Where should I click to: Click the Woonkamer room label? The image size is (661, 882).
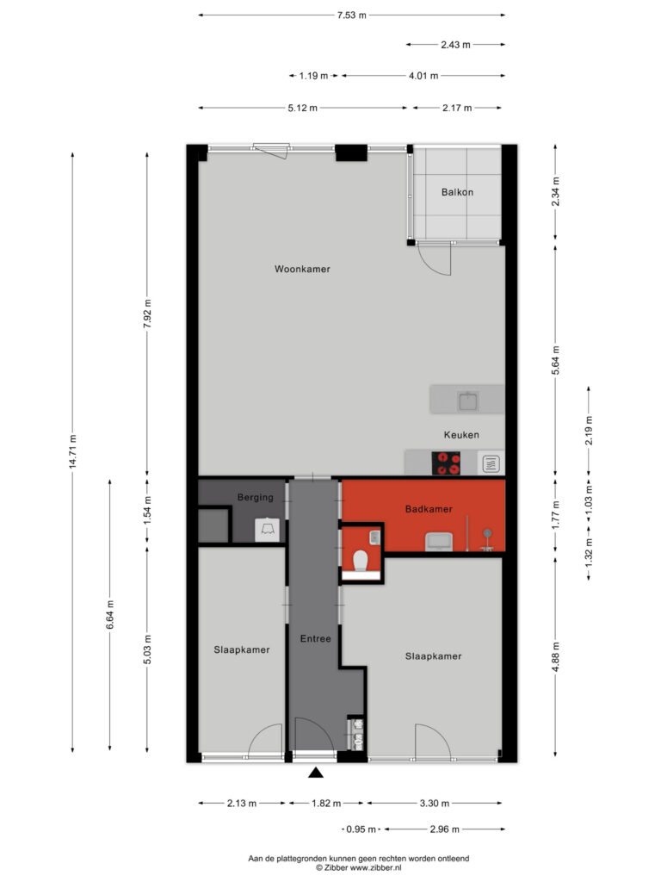click(x=302, y=269)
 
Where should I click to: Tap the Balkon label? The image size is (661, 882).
click(x=457, y=192)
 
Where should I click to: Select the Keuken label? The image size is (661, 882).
click(x=461, y=435)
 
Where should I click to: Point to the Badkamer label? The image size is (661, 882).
click(x=429, y=509)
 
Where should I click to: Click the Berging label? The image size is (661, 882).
click(x=255, y=497)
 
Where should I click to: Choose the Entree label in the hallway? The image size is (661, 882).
click(x=315, y=638)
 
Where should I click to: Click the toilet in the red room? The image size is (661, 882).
click(x=361, y=560)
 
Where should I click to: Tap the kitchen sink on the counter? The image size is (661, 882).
click(x=468, y=401)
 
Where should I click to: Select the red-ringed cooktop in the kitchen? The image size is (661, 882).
click(x=446, y=463)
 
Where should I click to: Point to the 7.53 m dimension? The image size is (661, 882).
click(x=352, y=16)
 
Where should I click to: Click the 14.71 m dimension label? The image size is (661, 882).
click(x=72, y=451)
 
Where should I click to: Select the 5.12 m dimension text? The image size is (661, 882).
click(x=302, y=108)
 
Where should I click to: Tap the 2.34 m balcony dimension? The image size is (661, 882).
click(x=555, y=191)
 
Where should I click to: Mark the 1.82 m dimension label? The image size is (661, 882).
click(x=326, y=804)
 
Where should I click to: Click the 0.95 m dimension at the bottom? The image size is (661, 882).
click(x=361, y=829)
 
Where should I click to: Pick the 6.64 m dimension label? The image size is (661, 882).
click(x=110, y=615)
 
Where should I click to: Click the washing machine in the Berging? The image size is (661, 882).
click(x=267, y=530)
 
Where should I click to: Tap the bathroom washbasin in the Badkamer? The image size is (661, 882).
click(x=438, y=542)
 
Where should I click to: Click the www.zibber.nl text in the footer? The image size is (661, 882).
click(x=375, y=868)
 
